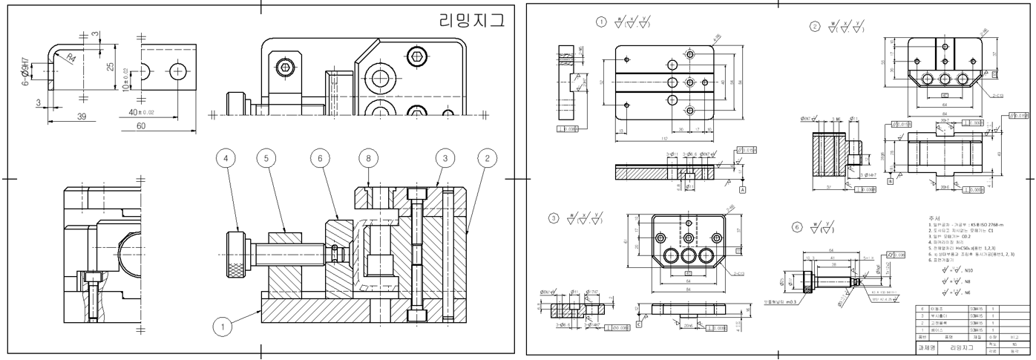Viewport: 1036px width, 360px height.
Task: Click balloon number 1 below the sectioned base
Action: point(220,324)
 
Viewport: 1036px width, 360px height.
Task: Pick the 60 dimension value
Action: point(141,126)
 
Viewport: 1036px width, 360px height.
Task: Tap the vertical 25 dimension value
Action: point(110,68)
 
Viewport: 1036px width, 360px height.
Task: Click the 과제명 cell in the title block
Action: point(927,347)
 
